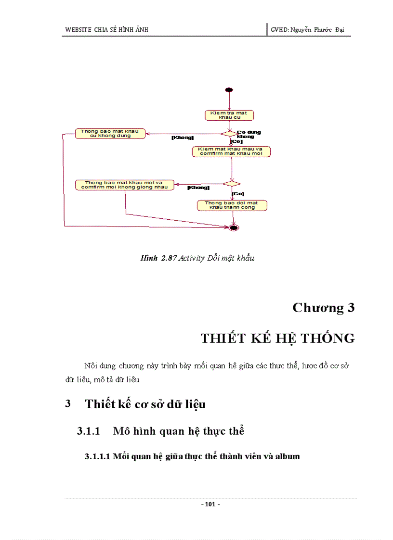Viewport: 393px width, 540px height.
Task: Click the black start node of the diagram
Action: click(x=229, y=90)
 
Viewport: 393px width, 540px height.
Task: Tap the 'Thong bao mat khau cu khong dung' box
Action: click(x=110, y=134)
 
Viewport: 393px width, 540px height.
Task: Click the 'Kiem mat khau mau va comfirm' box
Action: click(x=231, y=151)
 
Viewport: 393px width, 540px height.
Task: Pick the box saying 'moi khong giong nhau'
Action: click(x=125, y=185)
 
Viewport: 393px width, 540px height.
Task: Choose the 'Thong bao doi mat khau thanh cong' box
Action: click(x=232, y=205)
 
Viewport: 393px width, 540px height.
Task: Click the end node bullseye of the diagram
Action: click(x=234, y=227)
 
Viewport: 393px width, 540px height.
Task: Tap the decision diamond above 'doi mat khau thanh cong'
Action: click(x=231, y=183)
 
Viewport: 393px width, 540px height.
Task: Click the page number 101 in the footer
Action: click(x=210, y=504)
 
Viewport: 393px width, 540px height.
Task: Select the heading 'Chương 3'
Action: click(x=323, y=308)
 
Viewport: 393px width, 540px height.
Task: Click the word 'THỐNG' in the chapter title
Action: click(x=327, y=338)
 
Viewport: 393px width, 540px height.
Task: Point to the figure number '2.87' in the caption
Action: click(x=169, y=258)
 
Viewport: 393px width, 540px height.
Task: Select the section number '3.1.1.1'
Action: click(x=98, y=456)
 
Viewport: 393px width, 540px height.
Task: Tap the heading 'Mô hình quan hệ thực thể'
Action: click(x=179, y=431)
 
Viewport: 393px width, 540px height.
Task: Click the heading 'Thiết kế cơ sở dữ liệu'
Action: click(x=145, y=404)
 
